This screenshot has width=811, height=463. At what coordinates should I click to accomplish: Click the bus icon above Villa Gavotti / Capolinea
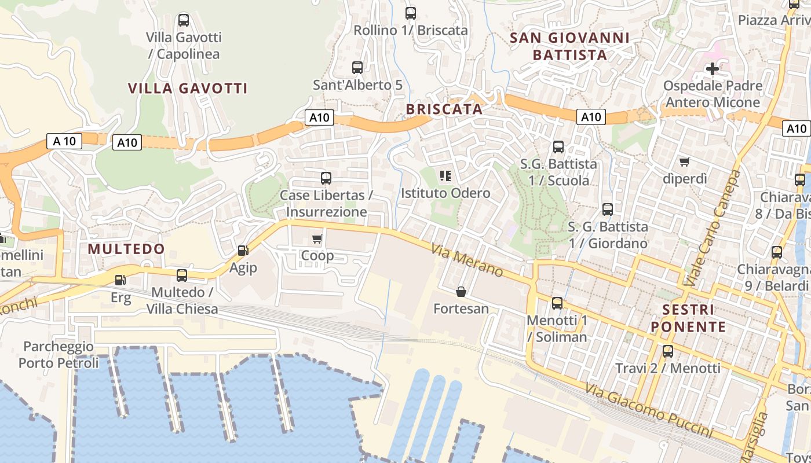184,20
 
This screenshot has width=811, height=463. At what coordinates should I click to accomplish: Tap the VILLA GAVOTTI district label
188,89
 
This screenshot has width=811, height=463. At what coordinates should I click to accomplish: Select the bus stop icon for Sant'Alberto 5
357,68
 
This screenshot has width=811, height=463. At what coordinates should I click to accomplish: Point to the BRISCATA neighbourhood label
444,109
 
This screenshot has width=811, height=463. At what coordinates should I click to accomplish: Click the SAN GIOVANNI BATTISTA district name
569,47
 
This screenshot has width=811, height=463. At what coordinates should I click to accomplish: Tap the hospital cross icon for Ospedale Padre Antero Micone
713,69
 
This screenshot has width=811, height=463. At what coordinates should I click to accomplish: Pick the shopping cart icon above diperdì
685,161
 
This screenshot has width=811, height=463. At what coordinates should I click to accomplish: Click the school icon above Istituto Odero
445,176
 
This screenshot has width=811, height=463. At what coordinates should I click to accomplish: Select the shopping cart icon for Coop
317,238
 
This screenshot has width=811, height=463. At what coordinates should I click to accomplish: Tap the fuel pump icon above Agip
243,251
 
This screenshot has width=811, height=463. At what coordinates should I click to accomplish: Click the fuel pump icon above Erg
120,280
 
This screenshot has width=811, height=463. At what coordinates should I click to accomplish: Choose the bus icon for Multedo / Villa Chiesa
182,275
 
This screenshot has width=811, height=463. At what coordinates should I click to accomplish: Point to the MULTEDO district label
126,249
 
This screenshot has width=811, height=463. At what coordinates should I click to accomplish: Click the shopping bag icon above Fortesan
461,292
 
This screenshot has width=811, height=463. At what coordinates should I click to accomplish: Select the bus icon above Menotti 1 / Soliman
557,303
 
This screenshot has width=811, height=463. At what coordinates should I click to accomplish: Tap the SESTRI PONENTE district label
688,318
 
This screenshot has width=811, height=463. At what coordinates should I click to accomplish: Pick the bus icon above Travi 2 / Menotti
668,351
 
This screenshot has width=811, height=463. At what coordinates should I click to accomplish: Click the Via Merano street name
467,260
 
